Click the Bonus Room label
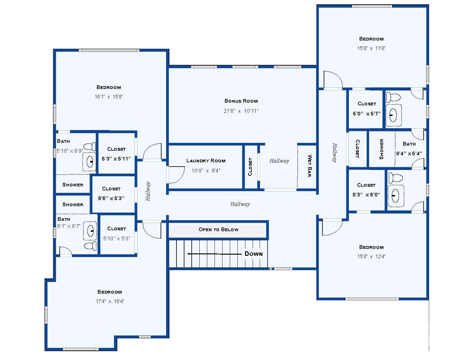[241, 101]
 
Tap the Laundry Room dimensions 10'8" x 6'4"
[206, 171]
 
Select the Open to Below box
[218, 230]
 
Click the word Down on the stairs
[253, 254]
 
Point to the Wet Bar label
[309, 166]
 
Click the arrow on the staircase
[213, 254]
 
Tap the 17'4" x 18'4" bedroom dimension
[110, 302]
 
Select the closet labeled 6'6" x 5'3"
[111, 194]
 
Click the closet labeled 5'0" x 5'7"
[367, 109]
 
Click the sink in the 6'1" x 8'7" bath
[90, 231]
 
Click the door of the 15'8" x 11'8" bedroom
[333, 79]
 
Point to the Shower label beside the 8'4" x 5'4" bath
[381, 149]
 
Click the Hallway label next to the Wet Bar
[279, 161]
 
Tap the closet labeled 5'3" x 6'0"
[366, 190]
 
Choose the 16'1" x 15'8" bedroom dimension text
[108, 97]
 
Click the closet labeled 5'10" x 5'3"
[116, 234]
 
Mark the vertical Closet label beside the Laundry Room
[250, 167]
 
